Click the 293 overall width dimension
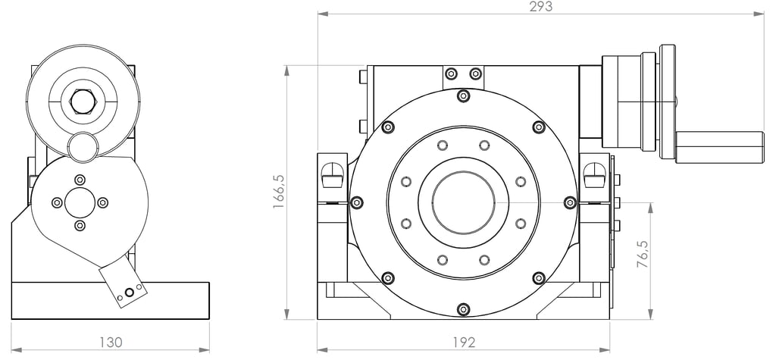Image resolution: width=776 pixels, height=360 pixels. coord(540,6)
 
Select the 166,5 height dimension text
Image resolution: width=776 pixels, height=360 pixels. coord(279,191)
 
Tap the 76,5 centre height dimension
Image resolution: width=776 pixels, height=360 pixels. coord(643,255)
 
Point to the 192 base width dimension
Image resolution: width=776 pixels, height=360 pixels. coord(464,342)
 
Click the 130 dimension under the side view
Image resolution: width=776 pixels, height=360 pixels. coord(111,342)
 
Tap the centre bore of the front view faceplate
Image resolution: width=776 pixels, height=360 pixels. coord(463,202)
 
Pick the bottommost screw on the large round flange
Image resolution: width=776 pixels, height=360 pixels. coord(463,309)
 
